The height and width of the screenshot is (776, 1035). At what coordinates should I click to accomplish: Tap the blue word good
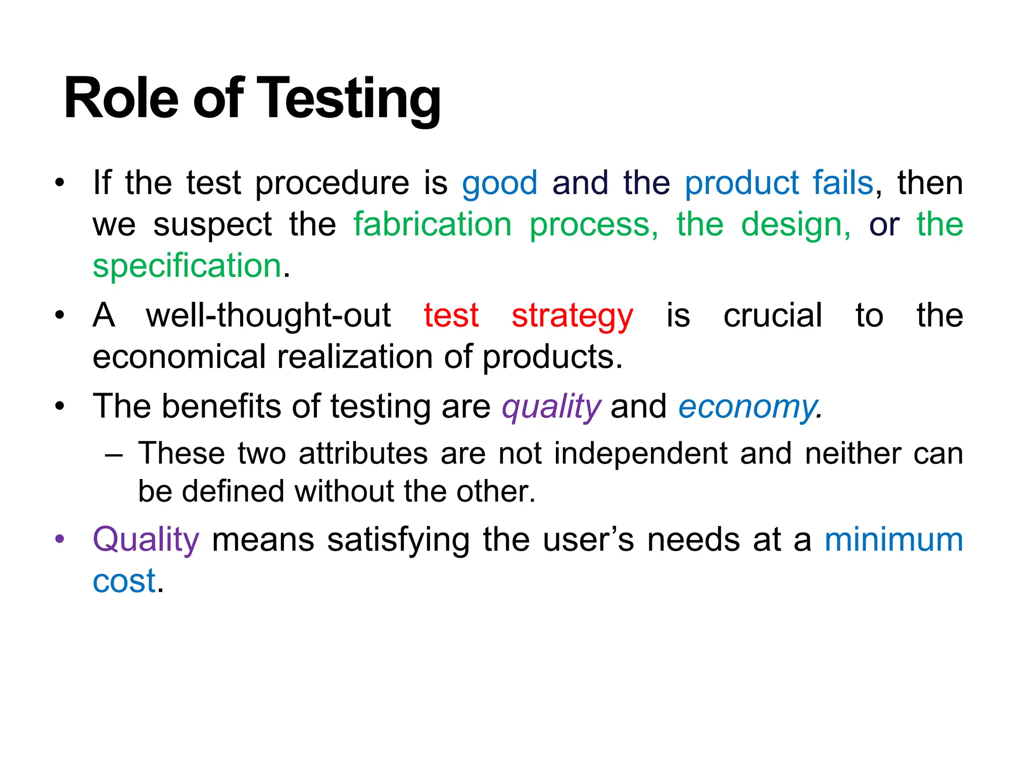coord(499,183)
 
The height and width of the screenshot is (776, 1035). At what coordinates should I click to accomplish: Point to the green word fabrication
coord(433,224)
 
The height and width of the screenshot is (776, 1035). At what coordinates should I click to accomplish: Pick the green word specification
coord(187,266)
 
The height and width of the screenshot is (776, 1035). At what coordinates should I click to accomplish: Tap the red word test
coord(451,316)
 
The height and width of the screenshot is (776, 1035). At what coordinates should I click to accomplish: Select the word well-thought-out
coord(268,316)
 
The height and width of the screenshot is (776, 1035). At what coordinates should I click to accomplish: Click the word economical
coord(179,357)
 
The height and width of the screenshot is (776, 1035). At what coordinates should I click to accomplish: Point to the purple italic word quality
coord(551,407)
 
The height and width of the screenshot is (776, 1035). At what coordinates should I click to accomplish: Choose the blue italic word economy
coord(747,407)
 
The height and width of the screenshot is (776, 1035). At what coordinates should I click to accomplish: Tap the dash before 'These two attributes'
coord(114,454)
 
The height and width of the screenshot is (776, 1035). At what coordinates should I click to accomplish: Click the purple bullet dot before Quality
coord(60,539)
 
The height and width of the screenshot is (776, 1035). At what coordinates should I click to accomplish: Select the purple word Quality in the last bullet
coord(146,540)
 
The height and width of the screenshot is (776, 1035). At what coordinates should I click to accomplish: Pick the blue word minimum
coord(893,540)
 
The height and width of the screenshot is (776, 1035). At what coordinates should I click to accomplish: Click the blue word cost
coord(124,581)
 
